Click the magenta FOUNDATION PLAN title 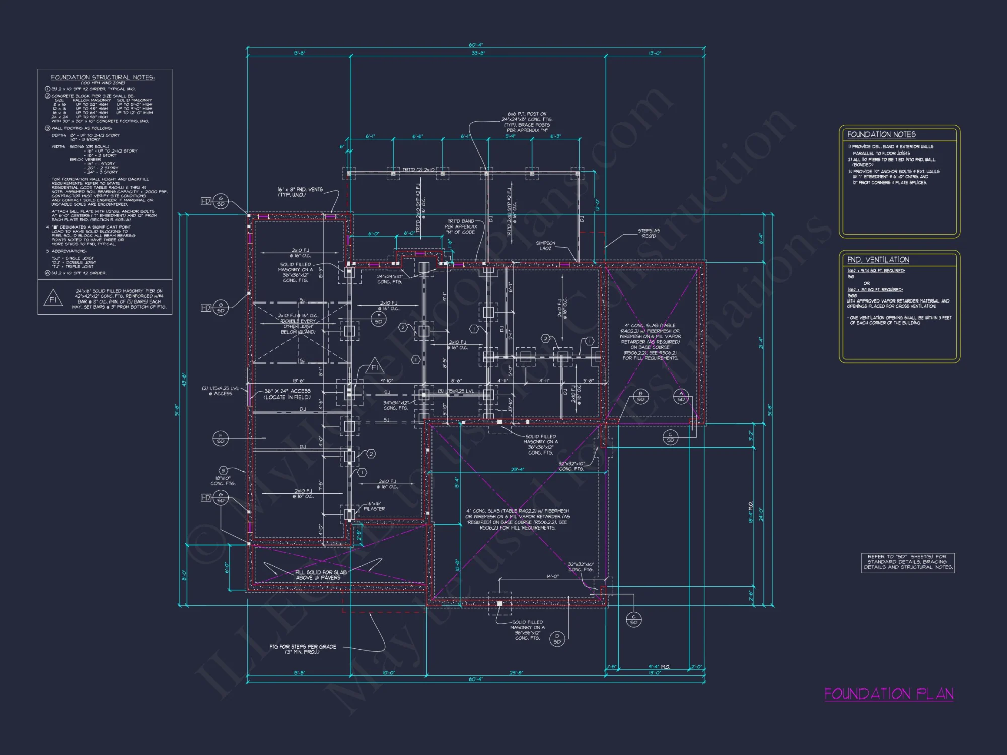(x=889, y=694)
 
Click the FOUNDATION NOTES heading (x=881, y=135)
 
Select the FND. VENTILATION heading (x=878, y=260)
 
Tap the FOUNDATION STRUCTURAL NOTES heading (x=103, y=77)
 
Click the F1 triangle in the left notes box (x=53, y=299)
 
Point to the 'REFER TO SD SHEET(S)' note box (x=908, y=562)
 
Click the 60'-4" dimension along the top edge (x=475, y=45)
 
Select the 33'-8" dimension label (x=478, y=53)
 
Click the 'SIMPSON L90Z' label (x=546, y=246)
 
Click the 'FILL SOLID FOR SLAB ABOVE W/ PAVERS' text (x=321, y=575)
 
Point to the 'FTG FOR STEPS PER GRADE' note (x=303, y=649)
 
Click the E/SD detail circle (x=220, y=438)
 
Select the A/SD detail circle (x=681, y=396)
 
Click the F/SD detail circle (x=378, y=319)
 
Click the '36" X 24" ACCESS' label (x=287, y=394)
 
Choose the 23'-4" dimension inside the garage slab (x=517, y=470)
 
